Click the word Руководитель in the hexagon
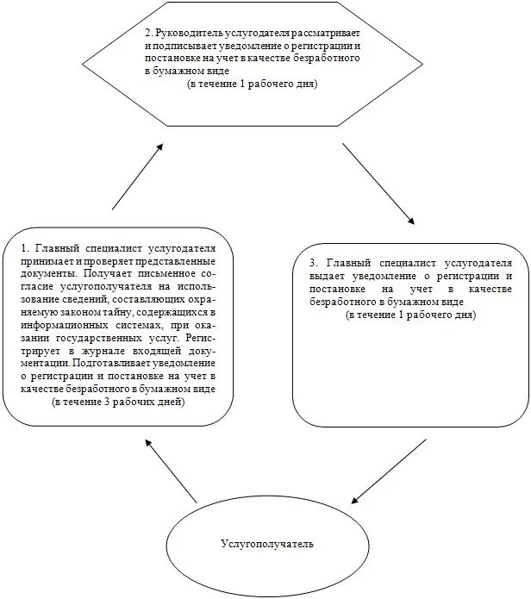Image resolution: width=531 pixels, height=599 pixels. coord(184,32)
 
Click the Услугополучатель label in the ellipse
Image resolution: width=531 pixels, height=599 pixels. coord(267,545)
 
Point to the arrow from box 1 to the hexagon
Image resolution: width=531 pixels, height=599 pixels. coord(137,177)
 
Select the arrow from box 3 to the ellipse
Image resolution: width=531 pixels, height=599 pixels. coord(390,471)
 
